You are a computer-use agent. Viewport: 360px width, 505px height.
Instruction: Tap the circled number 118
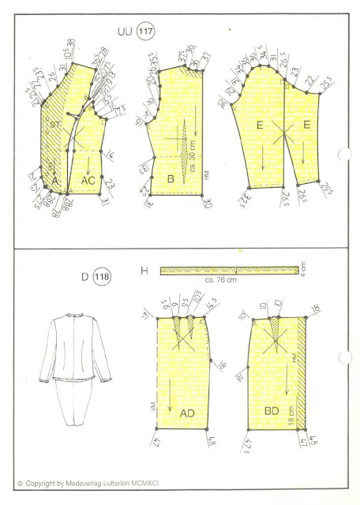click(101, 279)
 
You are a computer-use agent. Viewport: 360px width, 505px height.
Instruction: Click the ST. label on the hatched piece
click(56, 125)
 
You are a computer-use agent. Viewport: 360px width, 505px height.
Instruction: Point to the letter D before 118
click(82, 279)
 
